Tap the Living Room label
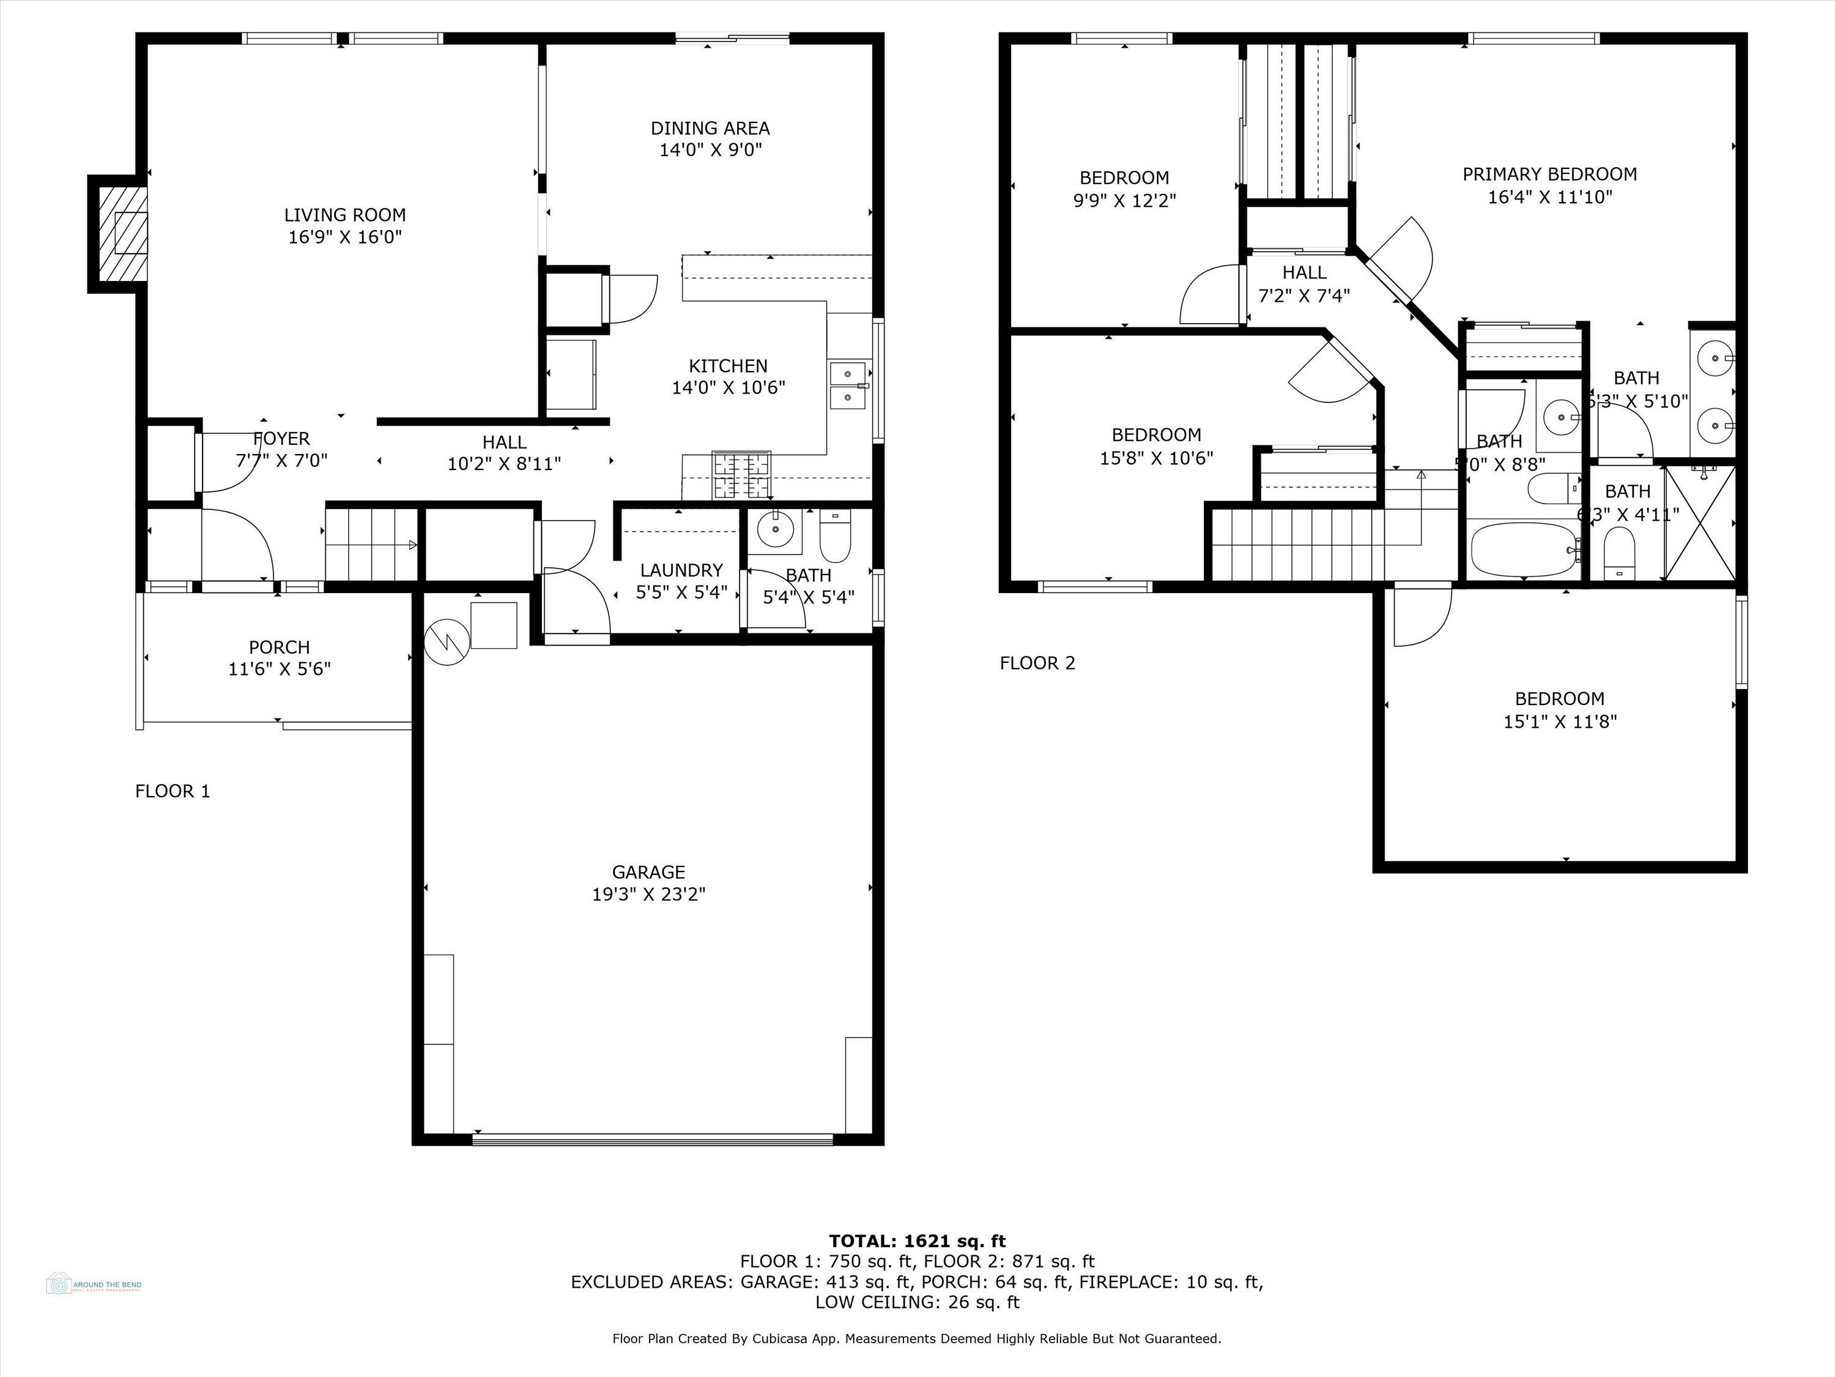[x=344, y=215]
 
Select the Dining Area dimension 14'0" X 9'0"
[x=710, y=150]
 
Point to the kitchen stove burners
[x=741, y=475]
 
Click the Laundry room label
[x=681, y=570]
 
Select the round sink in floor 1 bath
[x=776, y=528]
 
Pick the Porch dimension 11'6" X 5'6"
[x=280, y=669]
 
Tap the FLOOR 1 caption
[x=172, y=791]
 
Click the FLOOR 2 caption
[x=1037, y=662]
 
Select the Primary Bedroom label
[x=1549, y=174]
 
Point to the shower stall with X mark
[x=1700, y=523]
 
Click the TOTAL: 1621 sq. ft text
[x=917, y=1241]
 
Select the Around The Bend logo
[x=93, y=1284]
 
